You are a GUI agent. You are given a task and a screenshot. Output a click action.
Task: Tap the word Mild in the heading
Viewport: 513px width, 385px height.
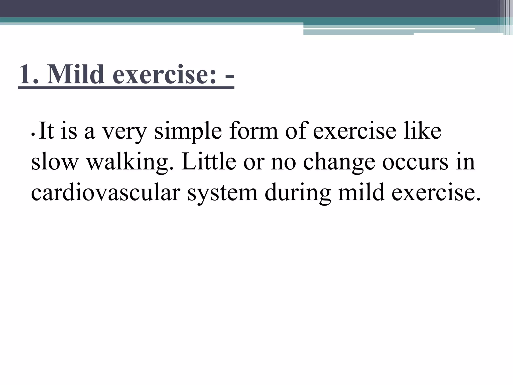click(75, 75)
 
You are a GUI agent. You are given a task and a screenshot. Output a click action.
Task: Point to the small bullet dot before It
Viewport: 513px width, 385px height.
click(33, 135)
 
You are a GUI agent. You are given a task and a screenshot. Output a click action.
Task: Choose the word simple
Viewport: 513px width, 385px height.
click(188, 132)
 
